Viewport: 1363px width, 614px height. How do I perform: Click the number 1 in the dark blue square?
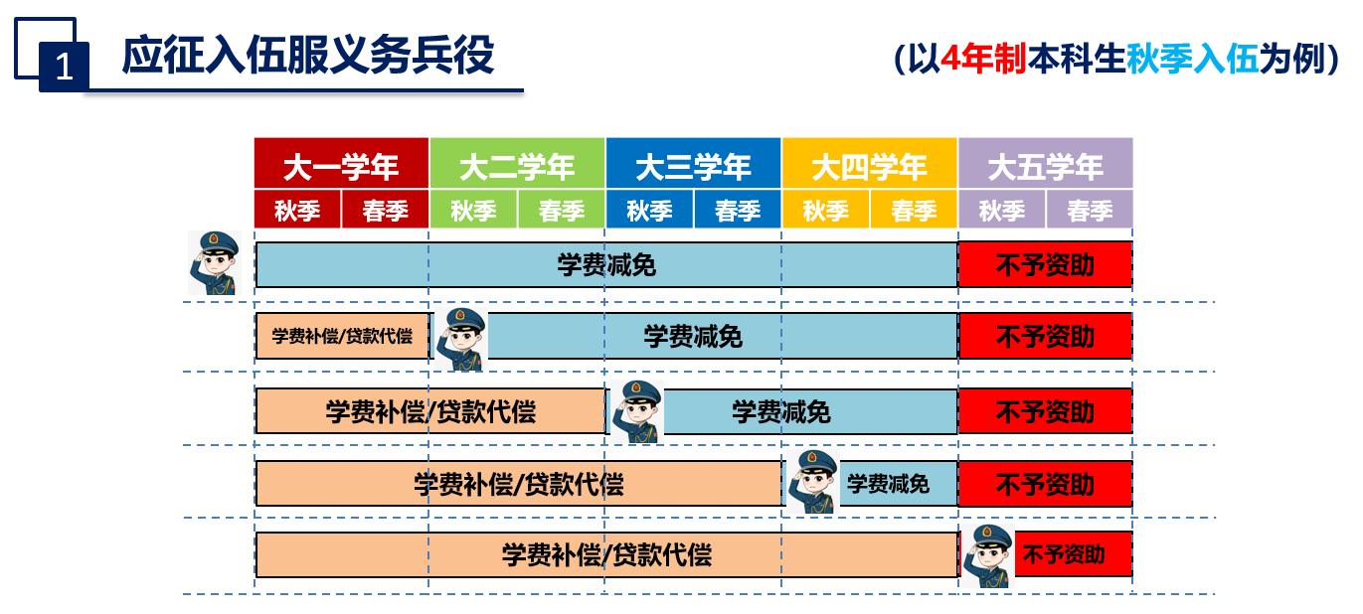point(64,67)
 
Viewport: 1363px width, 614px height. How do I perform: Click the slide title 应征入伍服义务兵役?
point(308,56)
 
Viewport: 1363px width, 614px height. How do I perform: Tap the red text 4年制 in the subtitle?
point(983,59)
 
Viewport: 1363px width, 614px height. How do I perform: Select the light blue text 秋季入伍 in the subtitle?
point(1192,59)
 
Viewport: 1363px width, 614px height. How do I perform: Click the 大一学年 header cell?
point(341,163)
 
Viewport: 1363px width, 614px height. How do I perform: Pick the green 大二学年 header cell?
point(517,163)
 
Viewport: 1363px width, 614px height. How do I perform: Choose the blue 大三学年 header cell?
point(693,163)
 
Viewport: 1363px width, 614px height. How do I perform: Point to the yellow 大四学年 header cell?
point(870,163)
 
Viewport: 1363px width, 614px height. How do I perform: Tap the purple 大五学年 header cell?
point(1046,163)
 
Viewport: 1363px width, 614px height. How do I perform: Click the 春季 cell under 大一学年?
point(385,210)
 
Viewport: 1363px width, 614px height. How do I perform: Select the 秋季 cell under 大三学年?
point(649,210)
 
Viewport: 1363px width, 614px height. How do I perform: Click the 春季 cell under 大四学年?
point(914,210)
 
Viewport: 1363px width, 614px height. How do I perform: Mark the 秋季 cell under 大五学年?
point(1001,210)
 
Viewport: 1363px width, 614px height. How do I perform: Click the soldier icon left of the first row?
point(214,262)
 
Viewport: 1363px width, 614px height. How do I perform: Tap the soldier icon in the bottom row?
point(988,555)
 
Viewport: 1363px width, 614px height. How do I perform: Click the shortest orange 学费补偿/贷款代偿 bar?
point(343,336)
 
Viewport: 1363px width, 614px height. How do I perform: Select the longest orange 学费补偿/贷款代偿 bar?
point(606,554)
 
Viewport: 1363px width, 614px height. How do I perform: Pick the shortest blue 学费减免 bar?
point(898,484)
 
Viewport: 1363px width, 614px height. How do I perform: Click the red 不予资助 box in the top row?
point(1046,264)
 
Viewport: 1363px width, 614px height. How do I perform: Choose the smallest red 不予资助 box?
point(1074,553)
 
